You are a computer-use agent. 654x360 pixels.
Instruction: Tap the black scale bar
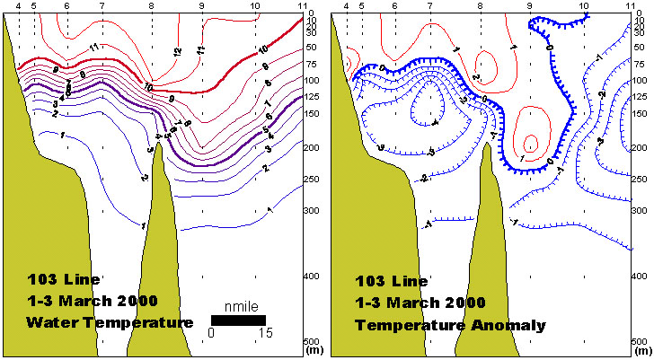[238, 320]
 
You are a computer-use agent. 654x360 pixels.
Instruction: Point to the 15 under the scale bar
[266, 333]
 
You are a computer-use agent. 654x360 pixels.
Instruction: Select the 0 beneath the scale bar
[211, 333]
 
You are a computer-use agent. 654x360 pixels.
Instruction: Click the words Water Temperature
[110, 321]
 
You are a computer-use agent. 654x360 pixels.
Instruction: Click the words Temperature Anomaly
[450, 325]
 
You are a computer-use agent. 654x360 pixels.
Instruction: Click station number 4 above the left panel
[18, 6]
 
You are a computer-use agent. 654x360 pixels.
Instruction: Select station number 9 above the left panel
[202, 6]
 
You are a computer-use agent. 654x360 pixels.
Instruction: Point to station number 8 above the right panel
[481, 6]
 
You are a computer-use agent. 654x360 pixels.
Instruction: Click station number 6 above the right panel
[395, 6]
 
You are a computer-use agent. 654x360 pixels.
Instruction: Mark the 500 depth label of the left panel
[314, 342]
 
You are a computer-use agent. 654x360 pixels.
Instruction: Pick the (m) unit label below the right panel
[641, 352]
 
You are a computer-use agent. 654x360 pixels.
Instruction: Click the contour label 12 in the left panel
[177, 51]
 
